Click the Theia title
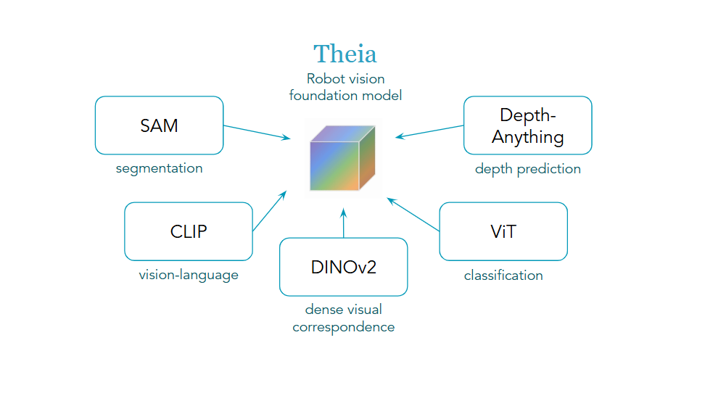tap(345, 54)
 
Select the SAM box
tap(159, 125)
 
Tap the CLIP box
tap(189, 231)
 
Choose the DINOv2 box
tap(343, 267)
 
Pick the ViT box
tap(503, 231)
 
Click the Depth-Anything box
tap(527, 125)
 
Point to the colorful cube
tap(342, 158)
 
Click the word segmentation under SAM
tap(159, 169)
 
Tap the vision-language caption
tap(189, 276)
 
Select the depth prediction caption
tap(527, 169)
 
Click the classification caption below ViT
tap(503, 276)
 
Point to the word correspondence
tap(343, 327)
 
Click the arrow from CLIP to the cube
tap(269, 211)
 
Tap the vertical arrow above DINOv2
tap(344, 223)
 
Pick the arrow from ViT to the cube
tap(413, 214)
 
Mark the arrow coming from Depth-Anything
tap(429, 131)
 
